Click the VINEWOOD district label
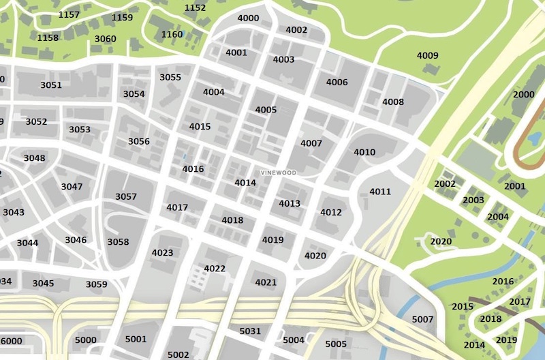(278, 173)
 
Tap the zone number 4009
(428, 55)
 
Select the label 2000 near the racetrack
(524, 94)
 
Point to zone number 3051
(51, 85)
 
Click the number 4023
(162, 253)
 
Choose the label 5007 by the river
(422, 319)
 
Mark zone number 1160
(172, 34)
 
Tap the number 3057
(126, 196)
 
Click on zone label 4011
(380, 192)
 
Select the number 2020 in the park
(441, 241)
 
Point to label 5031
(250, 331)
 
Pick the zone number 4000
(248, 18)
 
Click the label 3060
(105, 39)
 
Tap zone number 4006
(337, 82)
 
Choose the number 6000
(12, 341)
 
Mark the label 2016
(503, 281)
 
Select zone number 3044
(27, 243)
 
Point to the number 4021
(266, 282)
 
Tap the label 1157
(69, 14)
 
